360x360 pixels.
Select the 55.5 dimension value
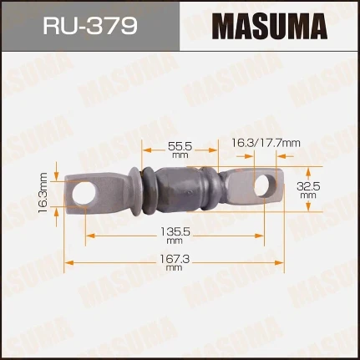pyautogui.click(x=175, y=145)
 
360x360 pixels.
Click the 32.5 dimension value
pyautogui.click(x=310, y=188)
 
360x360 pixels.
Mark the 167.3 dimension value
pyautogui.click(x=174, y=261)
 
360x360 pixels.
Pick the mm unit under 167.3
pyautogui.click(x=174, y=270)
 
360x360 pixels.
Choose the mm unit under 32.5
pyautogui.click(x=310, y=198)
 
